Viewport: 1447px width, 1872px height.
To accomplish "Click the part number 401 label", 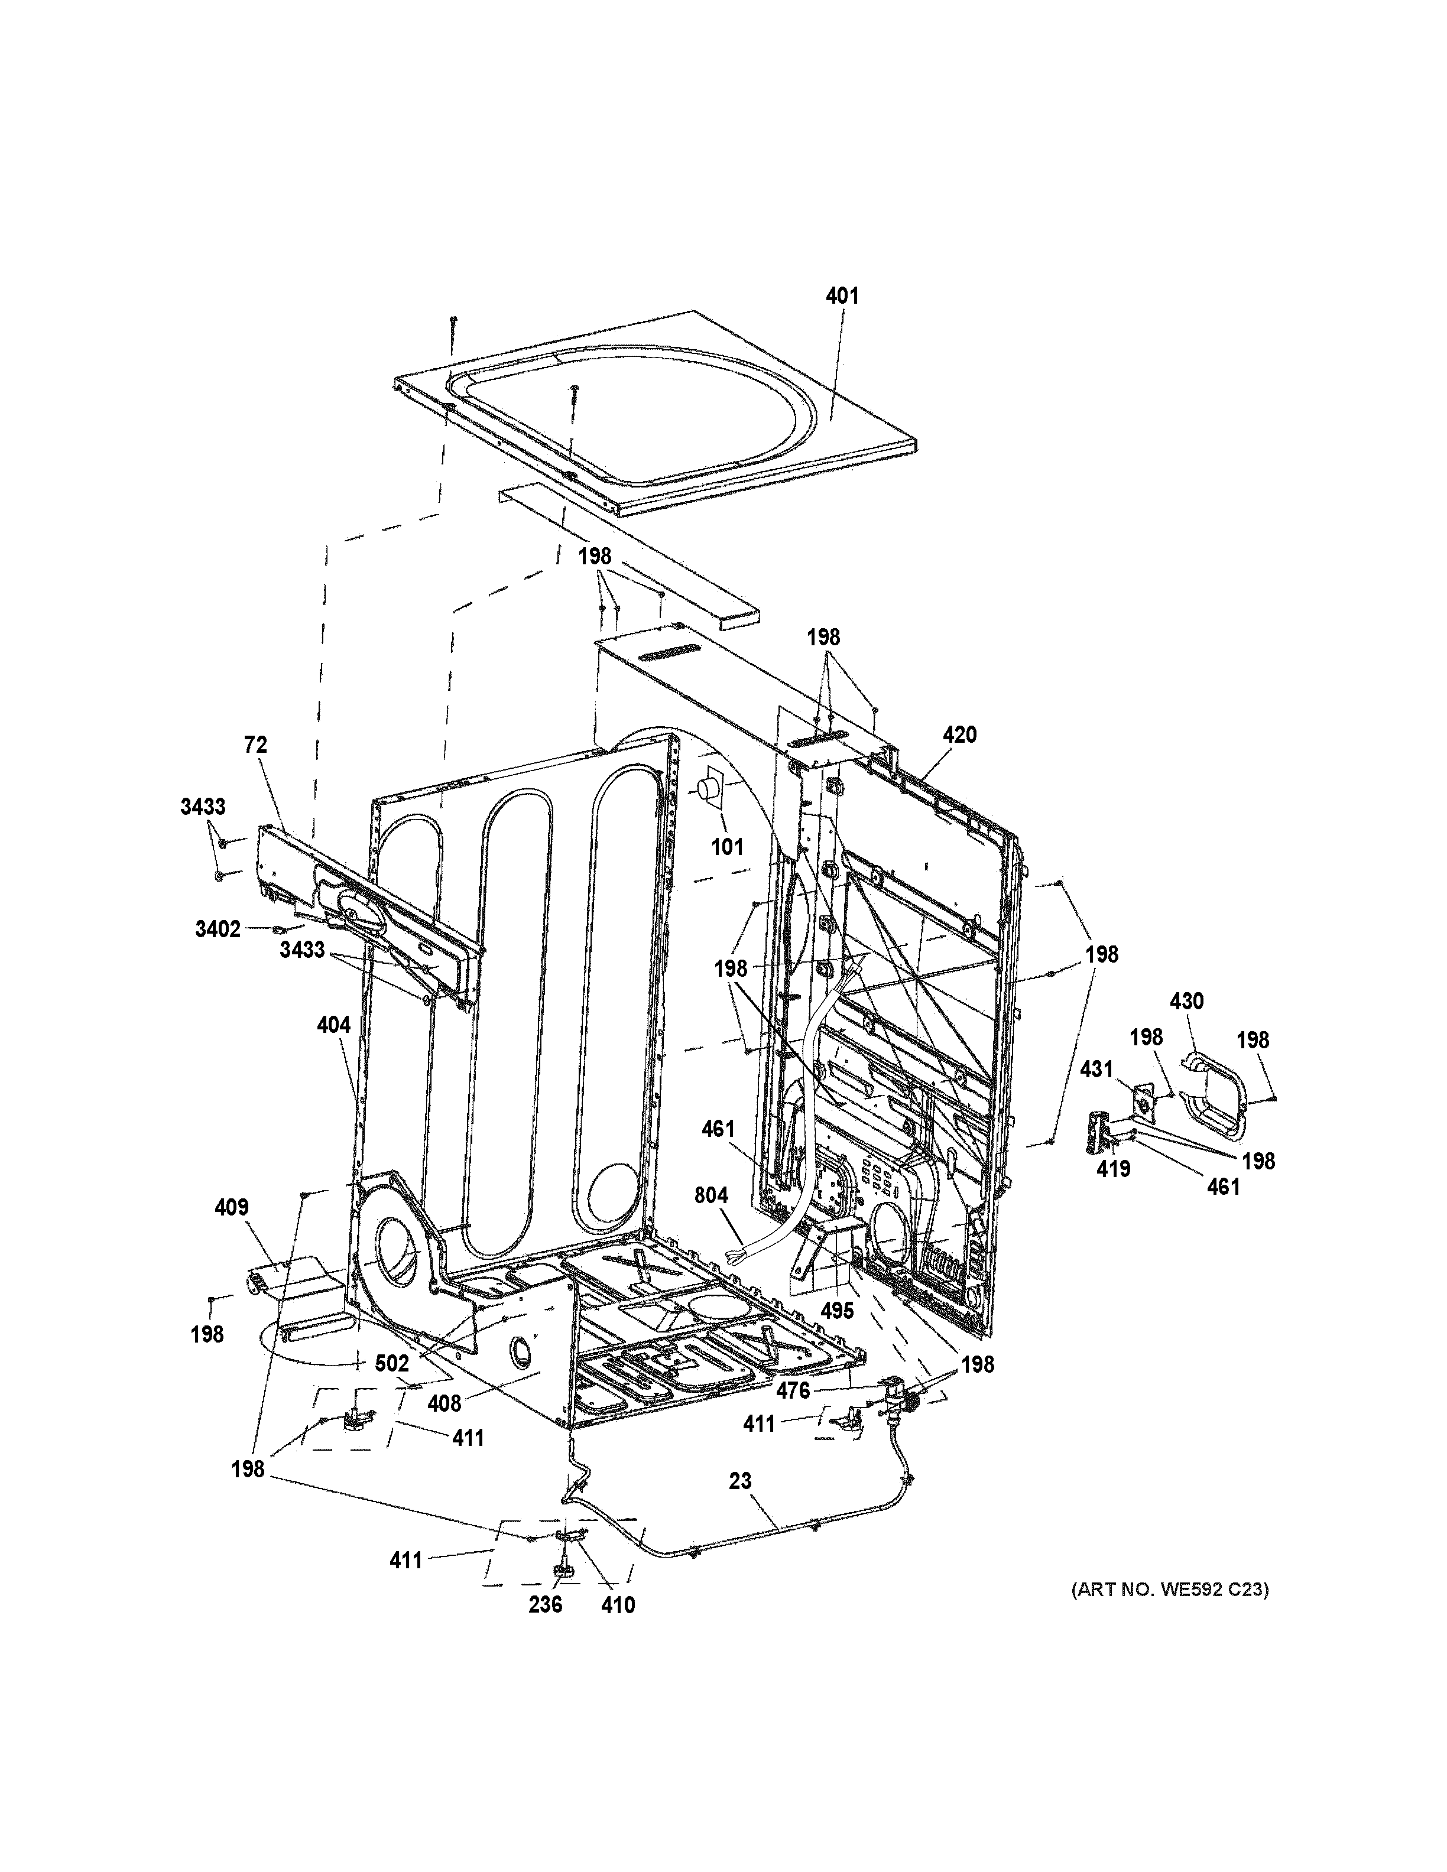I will [x=841, y=297].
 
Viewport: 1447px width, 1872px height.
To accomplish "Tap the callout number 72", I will [x=255, y=746].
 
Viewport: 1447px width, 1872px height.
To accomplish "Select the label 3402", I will [x=218, y=929].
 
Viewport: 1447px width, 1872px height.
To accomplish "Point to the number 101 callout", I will [x=727, y=847].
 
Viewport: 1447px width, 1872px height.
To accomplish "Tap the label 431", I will [x=1096, y=1069].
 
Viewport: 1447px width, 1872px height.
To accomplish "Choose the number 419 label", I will [x=1114, y=1168].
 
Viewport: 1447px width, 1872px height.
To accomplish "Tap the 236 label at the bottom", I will [x=545, y=1604].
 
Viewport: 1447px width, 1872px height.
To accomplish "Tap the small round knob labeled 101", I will [x=708, y=790].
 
